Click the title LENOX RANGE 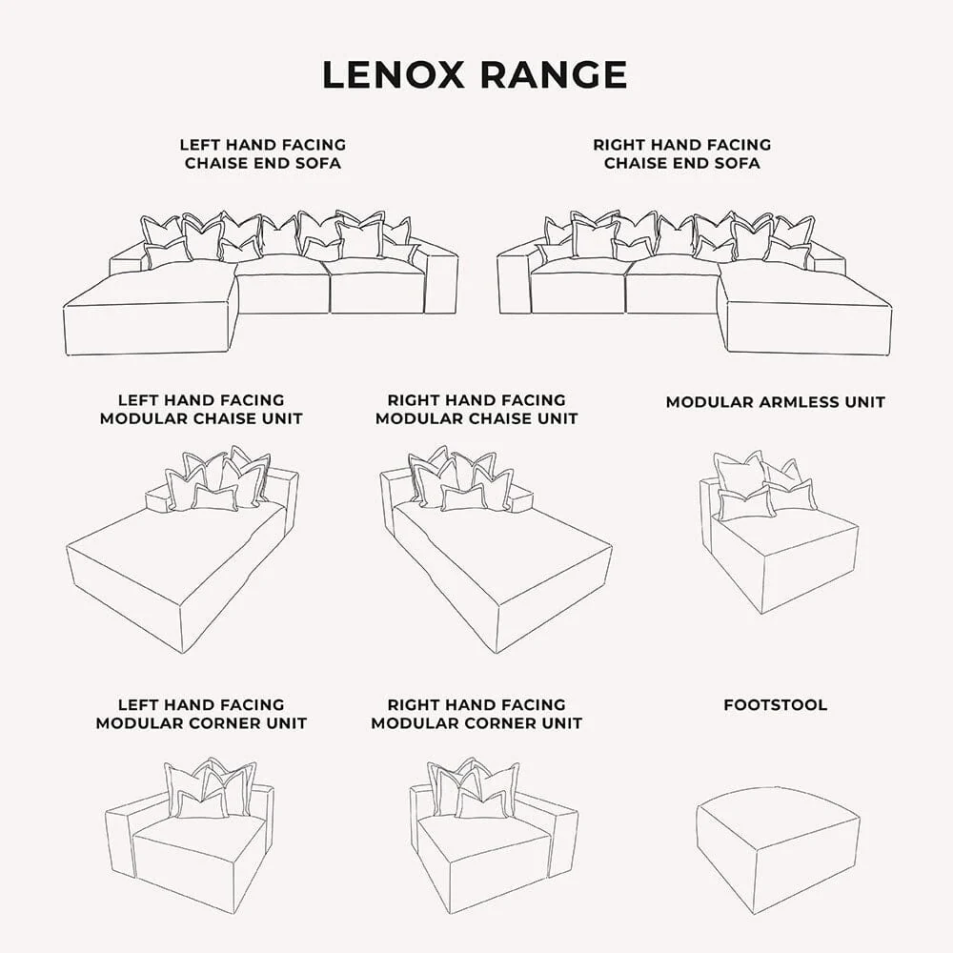point(475,74)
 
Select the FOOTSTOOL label point(775,705)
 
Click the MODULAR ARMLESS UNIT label point(775,402)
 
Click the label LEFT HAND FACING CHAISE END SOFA point(262,154)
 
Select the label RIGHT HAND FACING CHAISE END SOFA point(681,154)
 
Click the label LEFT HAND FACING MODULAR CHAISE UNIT point(201,410)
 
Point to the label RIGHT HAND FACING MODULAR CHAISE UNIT point(476,410)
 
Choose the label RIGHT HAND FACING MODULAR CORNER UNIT point(476,714)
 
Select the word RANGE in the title point(554,74)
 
